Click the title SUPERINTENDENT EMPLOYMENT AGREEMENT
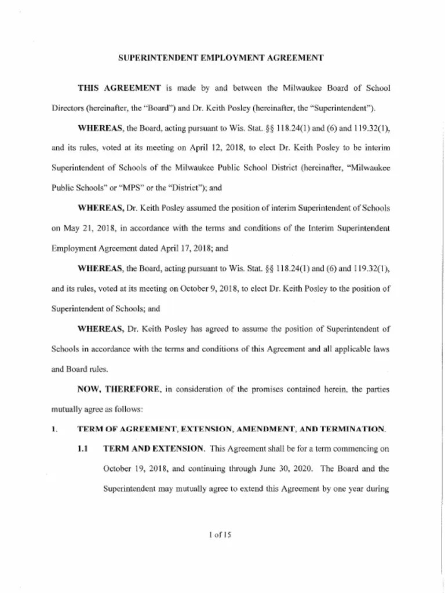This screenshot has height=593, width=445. coord(221,58)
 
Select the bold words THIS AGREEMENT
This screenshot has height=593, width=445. coord(119,88)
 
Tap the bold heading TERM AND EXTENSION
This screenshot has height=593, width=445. coord(154,449)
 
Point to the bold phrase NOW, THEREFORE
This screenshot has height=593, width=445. coord(119,389)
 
